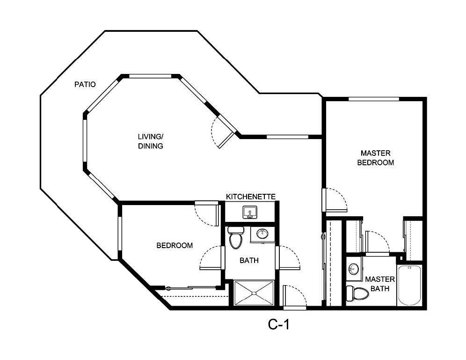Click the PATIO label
(x=85, y=85)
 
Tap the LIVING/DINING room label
(x=150, y=141)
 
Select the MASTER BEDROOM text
(x=375, y=158)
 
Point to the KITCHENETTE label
(x=250, y=196)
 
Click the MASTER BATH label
(x=380, y=284)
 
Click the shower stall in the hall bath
(x=254, y=293)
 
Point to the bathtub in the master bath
(x=410, y=285)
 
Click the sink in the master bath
(x=354, y=269)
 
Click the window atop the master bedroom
(x=373, y=99)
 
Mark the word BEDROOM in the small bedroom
(x=174, y=245)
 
